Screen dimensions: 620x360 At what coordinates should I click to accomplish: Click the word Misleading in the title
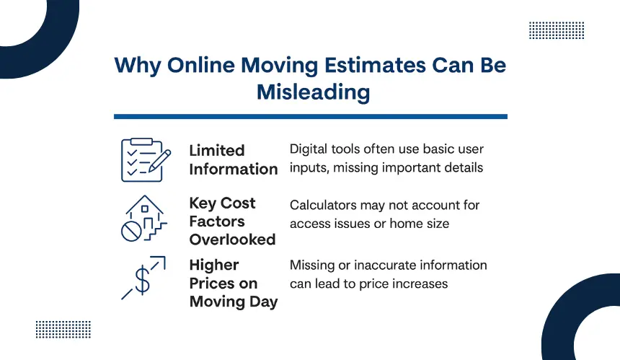click(313, 92)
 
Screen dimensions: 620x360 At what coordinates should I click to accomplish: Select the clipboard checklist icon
click(146, 160)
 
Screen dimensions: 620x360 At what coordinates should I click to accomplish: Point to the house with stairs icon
click(144, 218)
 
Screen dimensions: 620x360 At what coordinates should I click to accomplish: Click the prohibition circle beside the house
click(131, 232)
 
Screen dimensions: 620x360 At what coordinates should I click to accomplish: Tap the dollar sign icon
click(142, 280)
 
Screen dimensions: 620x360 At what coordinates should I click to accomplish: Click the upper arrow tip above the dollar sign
click(164, 258)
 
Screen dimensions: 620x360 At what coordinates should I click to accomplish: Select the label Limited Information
click(234, 160)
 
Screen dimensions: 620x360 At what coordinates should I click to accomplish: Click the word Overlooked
click(232, 240)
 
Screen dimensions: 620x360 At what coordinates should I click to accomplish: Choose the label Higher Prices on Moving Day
click(234, 284)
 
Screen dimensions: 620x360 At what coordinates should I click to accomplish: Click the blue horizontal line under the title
click(311, 117)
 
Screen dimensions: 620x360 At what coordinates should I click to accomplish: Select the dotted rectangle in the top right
click(557, 30)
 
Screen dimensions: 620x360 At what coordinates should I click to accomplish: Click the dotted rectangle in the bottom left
click(63, 330)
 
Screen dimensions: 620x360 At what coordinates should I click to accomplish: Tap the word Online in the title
click(201, 65)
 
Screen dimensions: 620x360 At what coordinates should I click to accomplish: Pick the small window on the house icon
click(145, 208)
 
